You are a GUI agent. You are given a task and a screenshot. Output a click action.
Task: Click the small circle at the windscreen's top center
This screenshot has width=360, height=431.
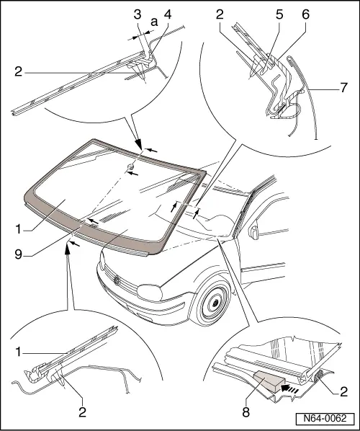(x=130, y=169)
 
